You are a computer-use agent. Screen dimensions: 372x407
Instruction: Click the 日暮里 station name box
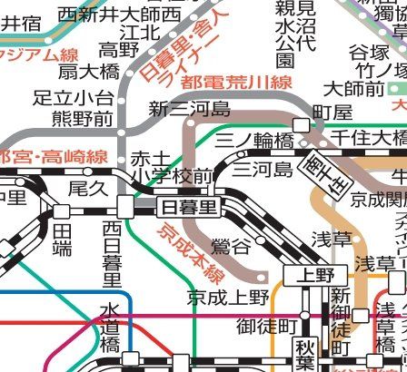tap(188, 208)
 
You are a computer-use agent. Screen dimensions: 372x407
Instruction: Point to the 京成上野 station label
tap(229, 297)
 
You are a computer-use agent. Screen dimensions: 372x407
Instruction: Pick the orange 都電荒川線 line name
tap(235, 83)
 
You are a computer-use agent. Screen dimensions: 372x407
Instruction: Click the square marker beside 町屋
tap(301, 125)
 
